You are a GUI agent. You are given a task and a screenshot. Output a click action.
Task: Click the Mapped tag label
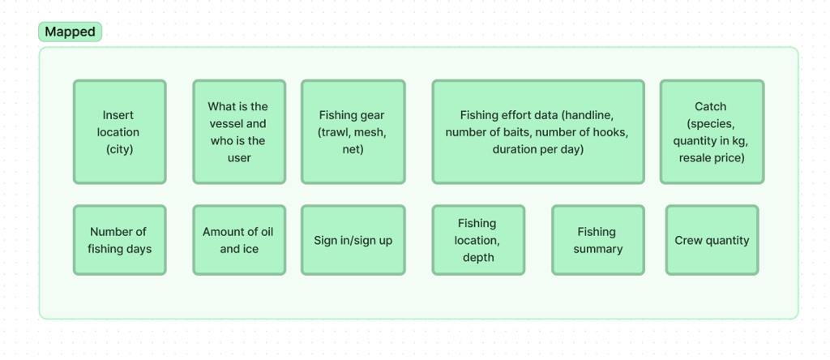[70, 32]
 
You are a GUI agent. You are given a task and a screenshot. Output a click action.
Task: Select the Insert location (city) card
[119, 131]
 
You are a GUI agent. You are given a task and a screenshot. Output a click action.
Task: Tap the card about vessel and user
[238, 131]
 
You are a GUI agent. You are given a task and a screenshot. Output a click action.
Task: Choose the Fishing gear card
[353, 131]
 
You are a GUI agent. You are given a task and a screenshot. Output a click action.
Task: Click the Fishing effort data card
[537, 131]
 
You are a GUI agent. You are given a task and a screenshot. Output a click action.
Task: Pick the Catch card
[711, 131]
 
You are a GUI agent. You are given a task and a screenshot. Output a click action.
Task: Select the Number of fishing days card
[119, 240]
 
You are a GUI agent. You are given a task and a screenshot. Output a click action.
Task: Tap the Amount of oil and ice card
[238, 240]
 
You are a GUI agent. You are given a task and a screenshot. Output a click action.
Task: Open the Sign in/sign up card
[353, 240]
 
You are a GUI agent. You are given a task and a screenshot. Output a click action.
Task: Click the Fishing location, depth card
[477, 240]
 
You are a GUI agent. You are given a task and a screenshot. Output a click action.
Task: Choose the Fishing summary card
[597, 240]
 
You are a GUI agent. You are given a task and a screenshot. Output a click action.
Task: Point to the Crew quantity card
[712, 240]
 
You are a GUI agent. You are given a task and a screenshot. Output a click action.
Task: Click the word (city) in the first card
[119, 149]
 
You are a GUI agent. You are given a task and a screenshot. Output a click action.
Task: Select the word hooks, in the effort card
[610, 132]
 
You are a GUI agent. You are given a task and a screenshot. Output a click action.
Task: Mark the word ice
[250, 249]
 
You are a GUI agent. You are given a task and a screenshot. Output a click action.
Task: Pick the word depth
[477, 257]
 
